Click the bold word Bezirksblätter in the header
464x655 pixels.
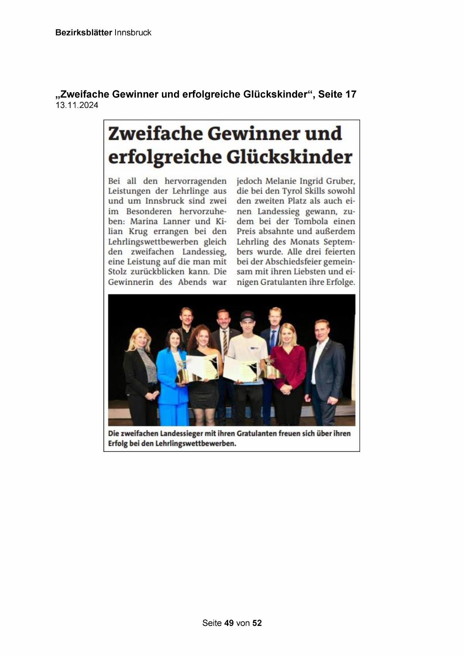click(83, 32)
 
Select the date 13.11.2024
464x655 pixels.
click(77, 105)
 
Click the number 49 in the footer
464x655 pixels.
click(229, 623)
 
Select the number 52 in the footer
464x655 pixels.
click(257, 623)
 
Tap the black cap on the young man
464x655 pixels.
click(248, 316)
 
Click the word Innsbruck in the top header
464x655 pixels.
click(133, 32)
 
